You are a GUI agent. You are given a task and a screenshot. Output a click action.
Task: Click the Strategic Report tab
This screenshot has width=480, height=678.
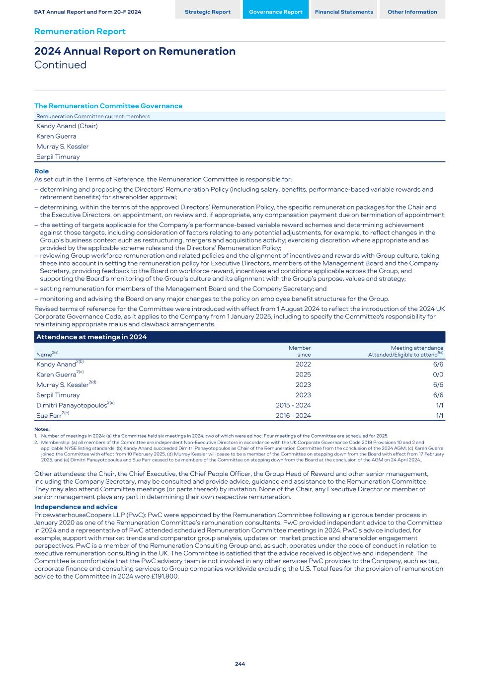[207, 12]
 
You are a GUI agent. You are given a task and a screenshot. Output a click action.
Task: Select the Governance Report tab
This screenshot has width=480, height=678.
[275, 12]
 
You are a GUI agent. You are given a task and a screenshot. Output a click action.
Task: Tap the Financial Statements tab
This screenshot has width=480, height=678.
[344, 12]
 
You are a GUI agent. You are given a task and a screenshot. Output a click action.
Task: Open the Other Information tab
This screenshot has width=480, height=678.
[412, 12]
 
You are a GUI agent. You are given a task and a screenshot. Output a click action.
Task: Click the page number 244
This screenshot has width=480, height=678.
[240, 664]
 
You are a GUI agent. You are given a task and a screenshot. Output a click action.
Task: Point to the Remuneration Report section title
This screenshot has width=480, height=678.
[80, 31]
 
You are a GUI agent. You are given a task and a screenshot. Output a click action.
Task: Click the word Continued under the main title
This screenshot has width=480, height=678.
[60, 65]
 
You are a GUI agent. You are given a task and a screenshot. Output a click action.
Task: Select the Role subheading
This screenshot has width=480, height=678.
[41, 171]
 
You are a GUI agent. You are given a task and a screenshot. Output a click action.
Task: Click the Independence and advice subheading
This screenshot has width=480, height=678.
[76, 507]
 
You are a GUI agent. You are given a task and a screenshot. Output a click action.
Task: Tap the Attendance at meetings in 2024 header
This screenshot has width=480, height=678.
[91, 337]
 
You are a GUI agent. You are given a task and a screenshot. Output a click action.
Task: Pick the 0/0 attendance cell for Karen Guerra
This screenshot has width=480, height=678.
[438, 375]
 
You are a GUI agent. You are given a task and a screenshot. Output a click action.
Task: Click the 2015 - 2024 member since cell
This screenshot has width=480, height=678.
[293, 405]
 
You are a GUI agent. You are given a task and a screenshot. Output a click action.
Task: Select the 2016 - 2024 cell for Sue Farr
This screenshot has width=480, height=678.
[293, 416]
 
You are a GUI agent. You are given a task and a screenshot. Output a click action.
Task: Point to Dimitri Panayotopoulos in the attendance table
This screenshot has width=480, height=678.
[72, 406]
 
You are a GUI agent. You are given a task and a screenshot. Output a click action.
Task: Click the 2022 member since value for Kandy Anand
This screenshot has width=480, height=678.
[303, 365]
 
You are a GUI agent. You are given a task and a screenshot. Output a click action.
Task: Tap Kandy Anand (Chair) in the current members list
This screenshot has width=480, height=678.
[67, 126]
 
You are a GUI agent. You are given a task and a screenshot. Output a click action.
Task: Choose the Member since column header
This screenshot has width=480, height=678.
[300, 351]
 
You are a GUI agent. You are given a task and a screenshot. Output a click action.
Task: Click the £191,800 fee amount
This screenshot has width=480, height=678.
[163, 577]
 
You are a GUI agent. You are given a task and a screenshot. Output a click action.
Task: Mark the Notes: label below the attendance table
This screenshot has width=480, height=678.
[42, 429]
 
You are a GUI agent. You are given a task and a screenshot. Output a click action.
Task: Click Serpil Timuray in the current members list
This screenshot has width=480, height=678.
[58, 157]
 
